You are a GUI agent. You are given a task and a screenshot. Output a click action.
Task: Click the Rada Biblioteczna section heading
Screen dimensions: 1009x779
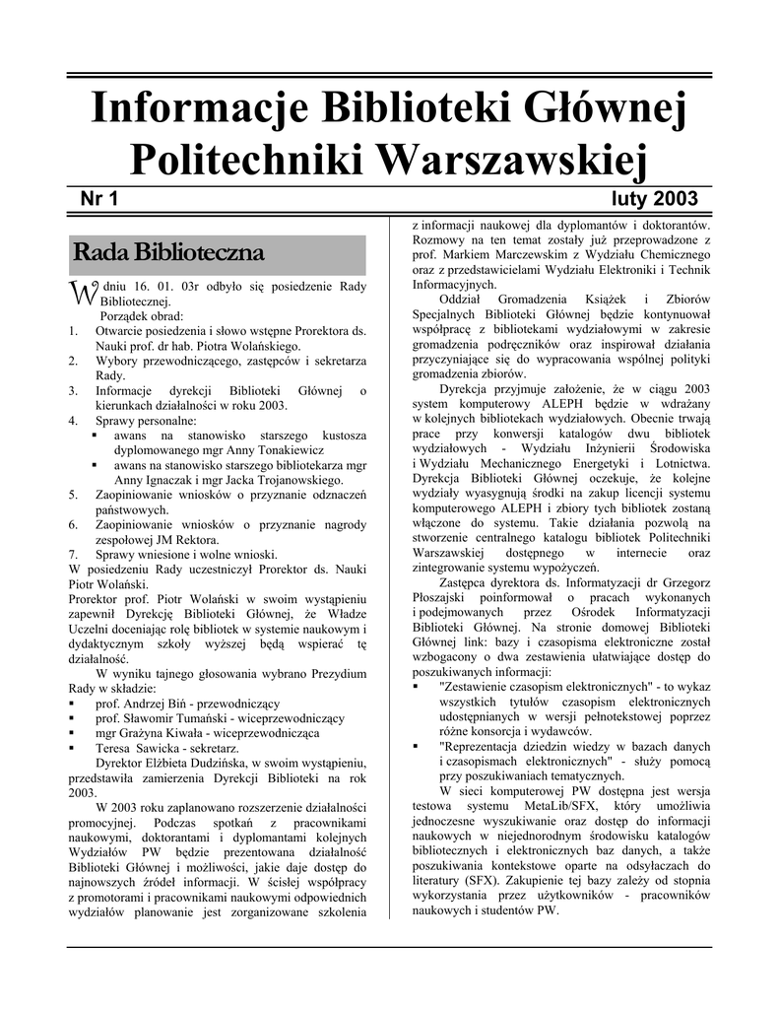tap(168, 253)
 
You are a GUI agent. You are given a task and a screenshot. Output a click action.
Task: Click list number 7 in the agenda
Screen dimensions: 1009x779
tap(74, 554)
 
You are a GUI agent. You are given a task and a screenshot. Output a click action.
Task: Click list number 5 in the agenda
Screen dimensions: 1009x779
tap(74, 494)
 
